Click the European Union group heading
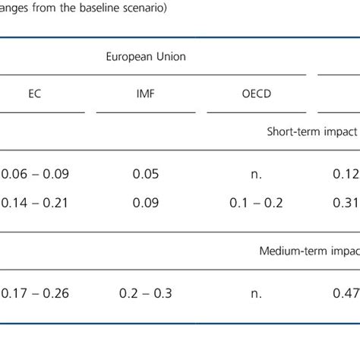click(x=146, y=56)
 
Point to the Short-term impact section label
click(x=312, y=131)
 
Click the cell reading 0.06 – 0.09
click(x=35, y=174)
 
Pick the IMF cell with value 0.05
click(x=147, y=174)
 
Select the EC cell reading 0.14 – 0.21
click(x=35, y=203)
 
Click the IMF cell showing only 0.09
click(x=147, y=203)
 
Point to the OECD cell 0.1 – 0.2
click(x=257, y=203)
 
